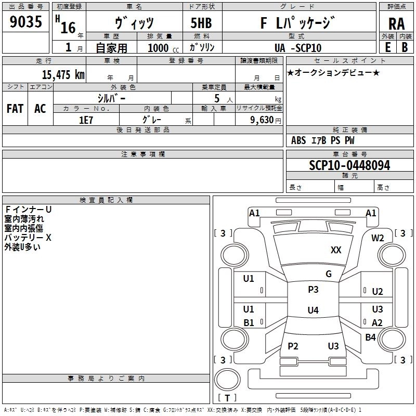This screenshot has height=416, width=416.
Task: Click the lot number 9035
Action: (x=26, y=23)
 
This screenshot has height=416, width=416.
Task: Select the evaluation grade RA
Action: (x=396, y=24)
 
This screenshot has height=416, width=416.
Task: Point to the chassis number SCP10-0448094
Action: (x=349, y=165)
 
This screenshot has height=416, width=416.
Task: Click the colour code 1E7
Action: (x=86, y=119)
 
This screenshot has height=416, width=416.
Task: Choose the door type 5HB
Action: (x=200, y=23)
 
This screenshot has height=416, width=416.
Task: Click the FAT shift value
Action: (x=15, y=108)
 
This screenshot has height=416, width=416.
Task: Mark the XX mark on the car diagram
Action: (x=336, y=250)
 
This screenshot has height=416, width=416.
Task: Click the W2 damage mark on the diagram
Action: (x=378, y=238)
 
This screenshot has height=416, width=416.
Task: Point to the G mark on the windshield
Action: (x=329, y=274)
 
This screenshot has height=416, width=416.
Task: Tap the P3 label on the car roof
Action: (x=313, y=290)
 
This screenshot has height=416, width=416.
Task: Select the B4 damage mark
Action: (x=370, y=337)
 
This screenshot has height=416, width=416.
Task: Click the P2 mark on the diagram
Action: (x=293, y=346)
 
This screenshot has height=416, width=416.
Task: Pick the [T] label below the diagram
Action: (x=227, y=398)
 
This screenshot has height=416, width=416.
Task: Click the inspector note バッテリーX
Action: (x=28, y=238)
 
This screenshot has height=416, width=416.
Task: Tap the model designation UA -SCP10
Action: (x=298, y=48)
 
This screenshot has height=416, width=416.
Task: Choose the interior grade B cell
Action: (x=405, y=47)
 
